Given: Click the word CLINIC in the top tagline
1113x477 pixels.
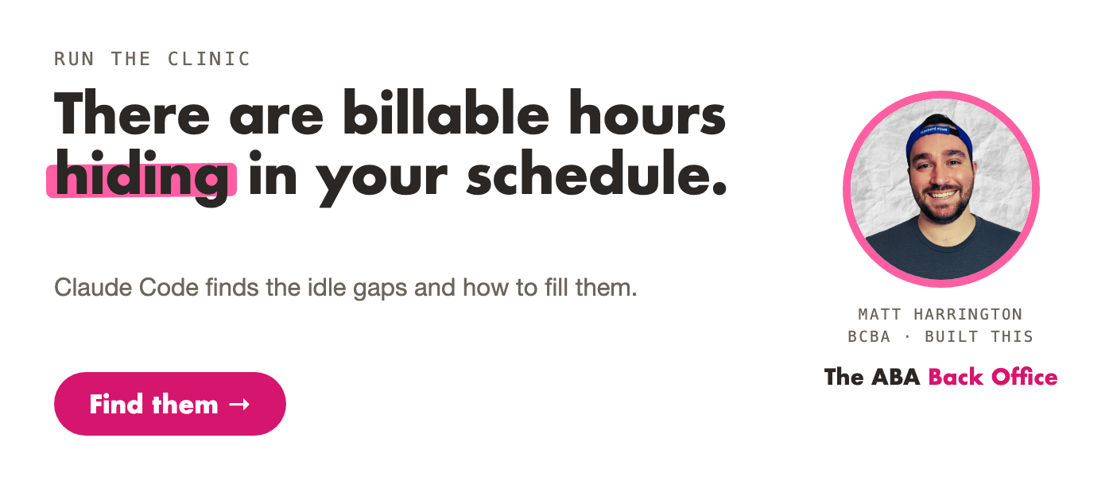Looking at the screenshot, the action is pyautogui.click(x=209, y=59).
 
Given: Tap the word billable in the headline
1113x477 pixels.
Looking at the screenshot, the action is pyautogui.click(x=446, y=112).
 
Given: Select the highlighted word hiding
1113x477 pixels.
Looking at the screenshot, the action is pyautogui.click(x=142, y=177).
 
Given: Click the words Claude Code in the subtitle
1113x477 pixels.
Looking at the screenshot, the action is pyautogui.click(x=126, y=288).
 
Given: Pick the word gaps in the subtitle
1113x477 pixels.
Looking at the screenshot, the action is pyautogui.click(x=380, y=289).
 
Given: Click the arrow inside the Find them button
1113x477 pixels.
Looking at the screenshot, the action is pyautogui.click(x=239, y=405).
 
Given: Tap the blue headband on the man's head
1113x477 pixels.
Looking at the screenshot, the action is pyautogui.click(x=938, y=136).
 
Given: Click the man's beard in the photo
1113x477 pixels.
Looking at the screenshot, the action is pyautogui.click(x=941, y=207).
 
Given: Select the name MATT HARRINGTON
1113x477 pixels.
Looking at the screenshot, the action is pyautogui.click(x=940, y=315).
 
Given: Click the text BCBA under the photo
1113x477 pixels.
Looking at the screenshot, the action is pyautogui.click(x=869, y=337).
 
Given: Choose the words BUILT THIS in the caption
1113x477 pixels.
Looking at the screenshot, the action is pyautogui.click(x=979, y=337).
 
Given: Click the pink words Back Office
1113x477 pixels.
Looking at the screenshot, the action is pyautogui.click(x=993, y=377).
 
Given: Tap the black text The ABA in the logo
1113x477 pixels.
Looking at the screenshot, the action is pyautogui.click(x=872, y=377).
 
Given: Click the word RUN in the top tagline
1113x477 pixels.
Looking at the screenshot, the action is pyautogui.click(x=74, y=59).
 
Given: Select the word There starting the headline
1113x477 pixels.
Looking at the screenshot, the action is pyautogui.click(x=132, y=112).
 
